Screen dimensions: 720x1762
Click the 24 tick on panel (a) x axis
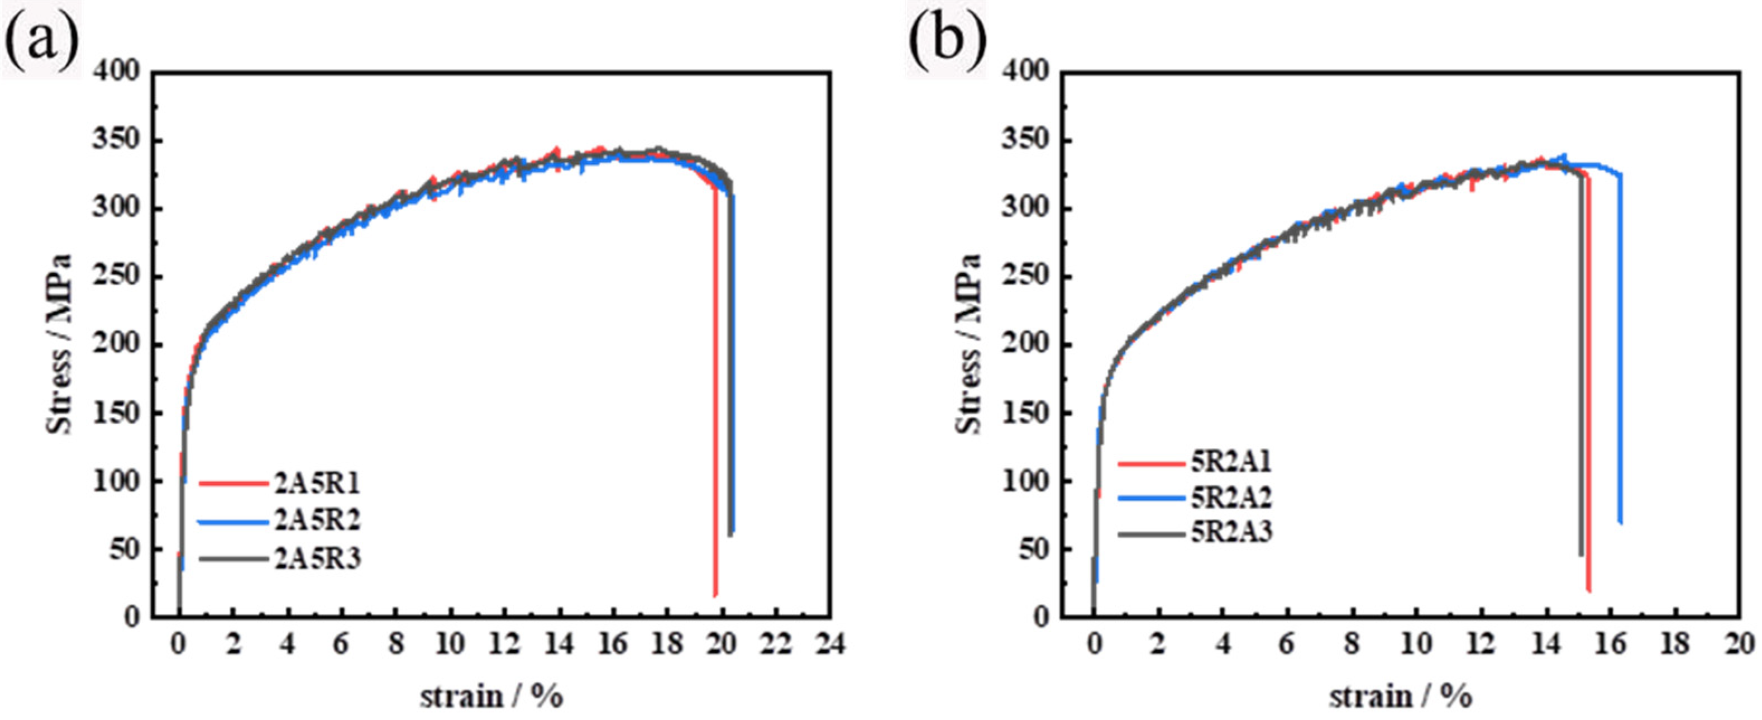(830, 644)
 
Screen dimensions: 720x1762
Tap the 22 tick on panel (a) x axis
(776, 644)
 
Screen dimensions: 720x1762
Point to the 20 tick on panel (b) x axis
(1740, 644)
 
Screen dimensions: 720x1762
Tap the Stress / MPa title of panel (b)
(968, 344)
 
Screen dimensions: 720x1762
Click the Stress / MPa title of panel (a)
(60, 344)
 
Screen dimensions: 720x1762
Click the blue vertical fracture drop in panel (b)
(1620, 356)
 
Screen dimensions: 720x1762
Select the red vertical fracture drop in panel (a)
(715, 411)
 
